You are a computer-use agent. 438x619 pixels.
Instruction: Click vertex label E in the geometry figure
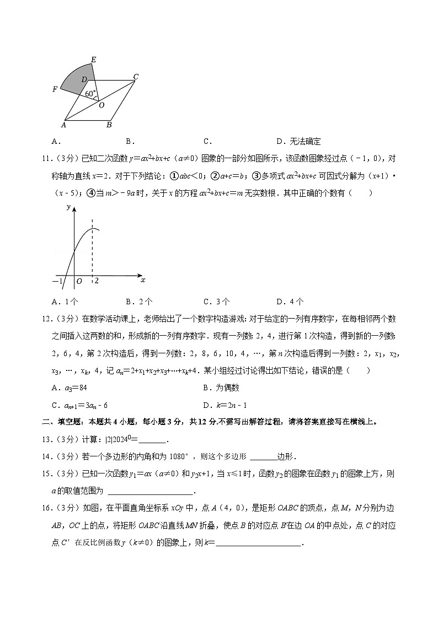[x=93, y=60]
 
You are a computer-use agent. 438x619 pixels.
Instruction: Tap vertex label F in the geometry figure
[x=55, y=89]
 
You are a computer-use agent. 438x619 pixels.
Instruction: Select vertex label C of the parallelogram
[x=136, y=77]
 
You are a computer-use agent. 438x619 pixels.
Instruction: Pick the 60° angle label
[x=90, y=94]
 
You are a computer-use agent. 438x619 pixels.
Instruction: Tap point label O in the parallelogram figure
[x=102, y=105]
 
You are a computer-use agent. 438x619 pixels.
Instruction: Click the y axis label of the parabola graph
[x=68, y=207]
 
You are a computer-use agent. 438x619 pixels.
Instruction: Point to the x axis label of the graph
[x=142, y=280]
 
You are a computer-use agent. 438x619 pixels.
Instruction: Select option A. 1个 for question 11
[x=65, y=301]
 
